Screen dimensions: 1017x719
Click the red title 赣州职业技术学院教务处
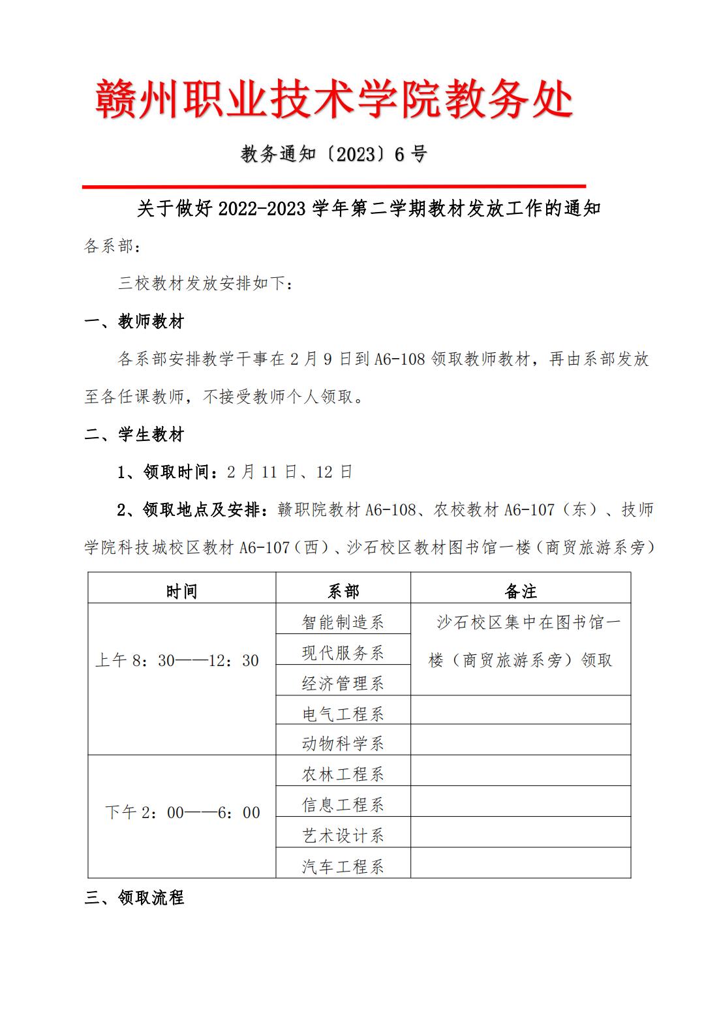(333, 99)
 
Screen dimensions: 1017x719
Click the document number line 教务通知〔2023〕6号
(333, 154)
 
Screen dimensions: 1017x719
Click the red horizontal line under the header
(333, 187)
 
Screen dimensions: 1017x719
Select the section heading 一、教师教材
(134, 322)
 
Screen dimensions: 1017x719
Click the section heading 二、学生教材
(134, 434)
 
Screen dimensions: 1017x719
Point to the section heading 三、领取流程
(134, 898)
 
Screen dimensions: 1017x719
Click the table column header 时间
(181, 591)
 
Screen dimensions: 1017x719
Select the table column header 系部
(343, 591)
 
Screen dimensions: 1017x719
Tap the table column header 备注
(521, 591)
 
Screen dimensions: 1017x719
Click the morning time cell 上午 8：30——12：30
(177, 661)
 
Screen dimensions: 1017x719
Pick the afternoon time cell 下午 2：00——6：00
(182, 813)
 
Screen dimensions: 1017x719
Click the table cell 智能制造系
(343, 622)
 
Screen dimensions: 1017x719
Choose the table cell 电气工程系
(343, 714)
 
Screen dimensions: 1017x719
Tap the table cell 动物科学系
(343, 743)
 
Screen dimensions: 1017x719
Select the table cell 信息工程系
(343, 804)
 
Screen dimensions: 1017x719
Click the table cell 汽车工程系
(343, 866)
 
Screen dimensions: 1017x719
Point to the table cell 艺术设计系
(343, 836)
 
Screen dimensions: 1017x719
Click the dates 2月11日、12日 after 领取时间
(290, 472)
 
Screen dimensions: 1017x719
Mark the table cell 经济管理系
(343, 683)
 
